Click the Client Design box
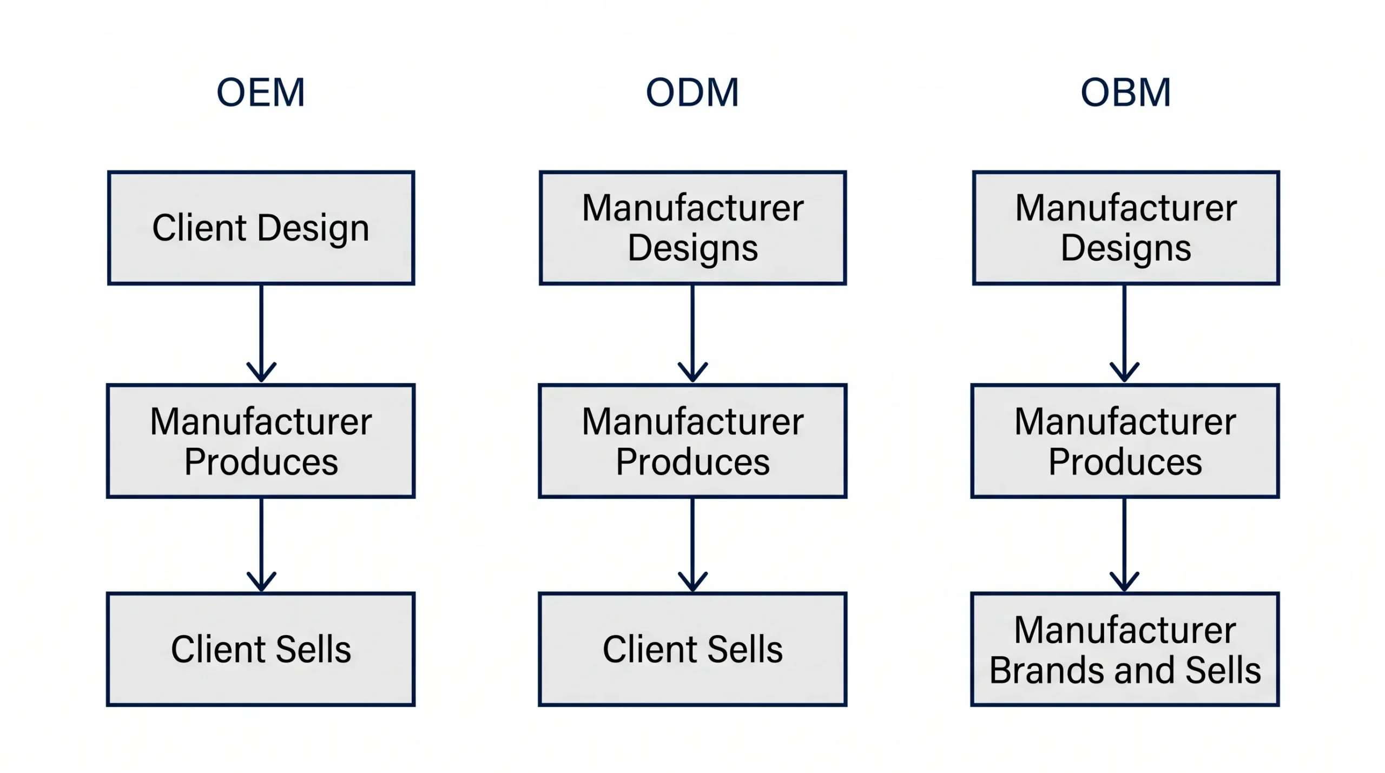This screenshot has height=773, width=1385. (x=261, y=228)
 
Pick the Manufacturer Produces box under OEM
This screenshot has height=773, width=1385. (x=261, y=441)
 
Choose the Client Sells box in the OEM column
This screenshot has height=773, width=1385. (x=261, y=649)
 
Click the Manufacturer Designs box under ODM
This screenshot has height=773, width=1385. (x=693, y=228)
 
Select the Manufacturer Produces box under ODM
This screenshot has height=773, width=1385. (x=692, y=441)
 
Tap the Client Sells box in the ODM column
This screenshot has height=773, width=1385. (x=692, y=649)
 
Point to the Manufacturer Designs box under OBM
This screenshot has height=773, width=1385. (x=1126, y=228)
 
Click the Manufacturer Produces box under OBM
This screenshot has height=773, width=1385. (x=1125, y=441)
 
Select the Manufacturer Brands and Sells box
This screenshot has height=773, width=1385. (x=1125, y=649)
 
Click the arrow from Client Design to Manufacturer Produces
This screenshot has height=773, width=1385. (x=261, y=334)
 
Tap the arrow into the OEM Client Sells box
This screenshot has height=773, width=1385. (x=261, y=545)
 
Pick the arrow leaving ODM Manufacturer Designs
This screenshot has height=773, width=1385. (x=692, y=334)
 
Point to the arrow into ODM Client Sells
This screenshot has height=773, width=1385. (x=692, y=545)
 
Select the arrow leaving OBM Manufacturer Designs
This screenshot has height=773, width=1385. (x=1125, y=334)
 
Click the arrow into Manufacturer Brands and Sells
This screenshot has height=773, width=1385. (x=1125, y=545)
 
